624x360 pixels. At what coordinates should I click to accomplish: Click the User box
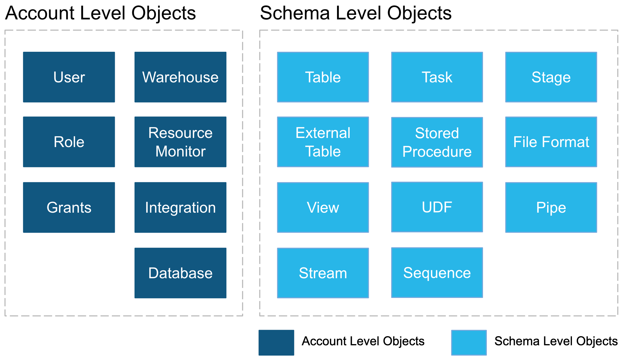tap(69, 77)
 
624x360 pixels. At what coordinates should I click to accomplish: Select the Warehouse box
tap(180, 77)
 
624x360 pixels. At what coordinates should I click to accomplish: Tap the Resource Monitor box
tap(180, 142)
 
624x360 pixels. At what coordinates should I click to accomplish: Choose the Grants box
tap(69, 207)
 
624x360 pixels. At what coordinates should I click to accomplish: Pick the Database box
tap(180, 273)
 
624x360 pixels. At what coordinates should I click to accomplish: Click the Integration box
tap(180, 207)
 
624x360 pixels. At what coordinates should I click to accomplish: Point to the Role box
tap(69, 142)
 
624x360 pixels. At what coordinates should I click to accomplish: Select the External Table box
tap(323, 142)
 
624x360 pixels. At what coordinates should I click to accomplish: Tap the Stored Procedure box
tap(437, 142)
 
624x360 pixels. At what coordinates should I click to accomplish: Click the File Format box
tap(551, 142)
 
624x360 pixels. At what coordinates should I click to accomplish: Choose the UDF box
tap(437, 207)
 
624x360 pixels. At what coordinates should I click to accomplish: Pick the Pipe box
tap(551, 207)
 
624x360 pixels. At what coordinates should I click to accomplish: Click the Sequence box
tap(437, 273)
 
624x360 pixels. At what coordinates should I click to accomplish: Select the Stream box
tap(323, 273)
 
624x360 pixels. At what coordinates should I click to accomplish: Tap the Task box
tap(437, 77)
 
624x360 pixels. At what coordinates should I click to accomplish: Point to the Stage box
tap(551, 77)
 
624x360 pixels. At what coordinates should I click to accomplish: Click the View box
tap(323, 207)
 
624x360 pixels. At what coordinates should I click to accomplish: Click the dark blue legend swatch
tap(276, 342)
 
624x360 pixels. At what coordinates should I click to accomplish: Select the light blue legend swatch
tap(469, 342)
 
